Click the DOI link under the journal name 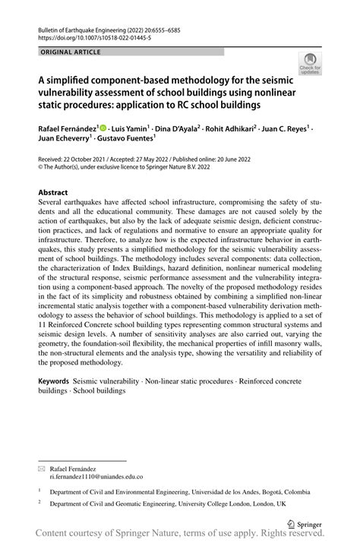[x=86, y=36]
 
